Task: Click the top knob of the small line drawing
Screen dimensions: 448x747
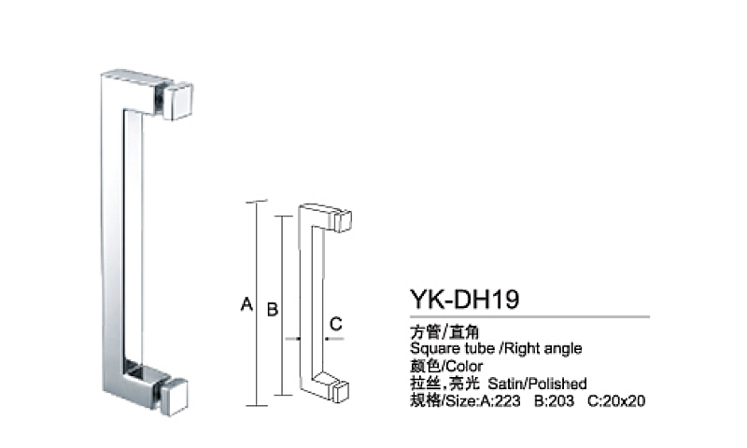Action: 343,220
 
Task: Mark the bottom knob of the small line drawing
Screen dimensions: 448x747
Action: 341,389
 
